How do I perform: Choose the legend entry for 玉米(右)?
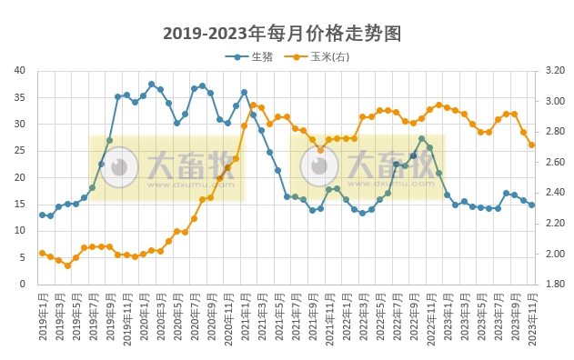coord(329,56)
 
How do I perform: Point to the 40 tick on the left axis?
coord(19,70)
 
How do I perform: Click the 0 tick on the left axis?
coord(23,284)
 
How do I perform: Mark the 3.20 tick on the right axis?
coord(554,70)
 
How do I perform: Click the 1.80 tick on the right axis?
coord(554,284)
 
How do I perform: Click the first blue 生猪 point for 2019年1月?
coord(42,215)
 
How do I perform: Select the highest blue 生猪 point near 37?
coord(152,85)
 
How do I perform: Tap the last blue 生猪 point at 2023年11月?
coord(532,205)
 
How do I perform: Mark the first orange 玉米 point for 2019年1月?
coord(42,253)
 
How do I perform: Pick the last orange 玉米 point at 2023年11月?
coord(532,145)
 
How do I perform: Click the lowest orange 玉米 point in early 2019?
coord(67,265)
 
